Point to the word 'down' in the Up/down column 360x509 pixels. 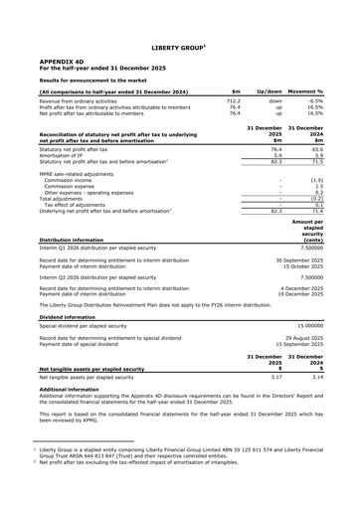click(x=275, y=101)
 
